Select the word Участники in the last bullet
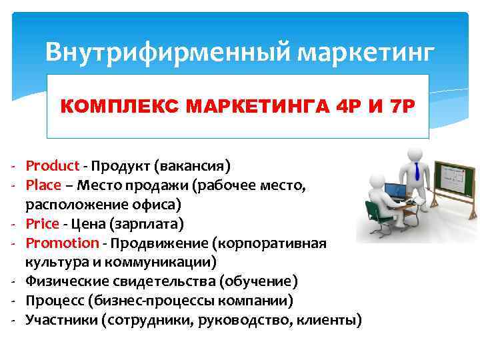click(62, 320)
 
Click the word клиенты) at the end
click(328, 320)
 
